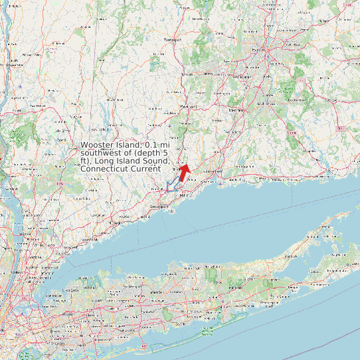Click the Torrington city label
coord(172,40)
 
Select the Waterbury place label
coord(189,106)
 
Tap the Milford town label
coord(185,195)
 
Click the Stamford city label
coord(86,238)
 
